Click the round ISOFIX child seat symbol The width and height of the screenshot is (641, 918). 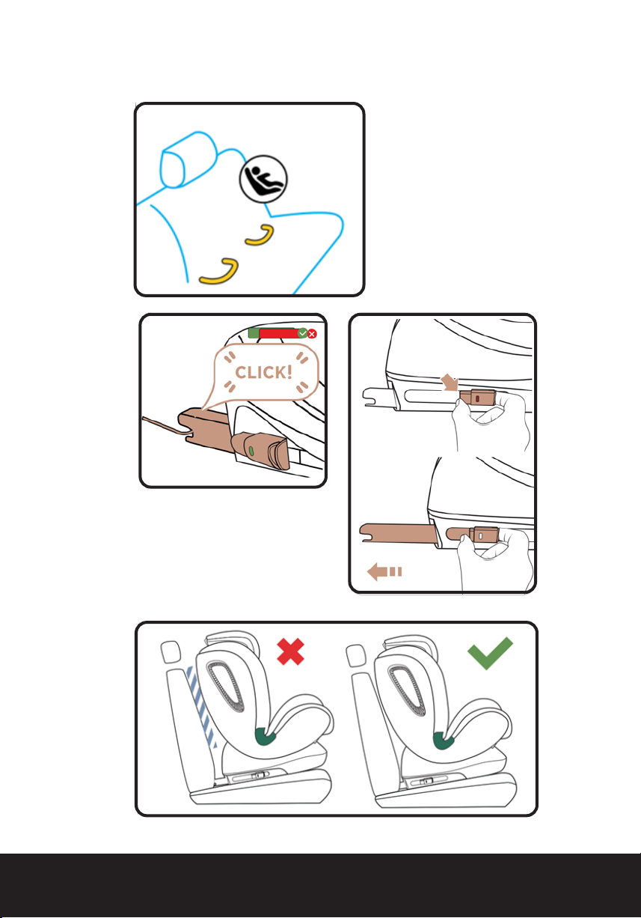click(263, 179)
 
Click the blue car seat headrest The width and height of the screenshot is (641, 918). click(188, 159)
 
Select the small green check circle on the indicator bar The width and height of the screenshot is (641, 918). click(302, 333)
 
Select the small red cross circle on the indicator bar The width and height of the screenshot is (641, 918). click(312, 334)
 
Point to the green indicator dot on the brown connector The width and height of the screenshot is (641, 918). click(251, 451)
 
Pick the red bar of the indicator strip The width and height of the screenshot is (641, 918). click(279, 333)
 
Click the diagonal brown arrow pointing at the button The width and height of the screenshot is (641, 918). click(450, 383)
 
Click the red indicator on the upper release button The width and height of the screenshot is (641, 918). click(478, 398)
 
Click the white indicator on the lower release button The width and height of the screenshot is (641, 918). click(481, 535)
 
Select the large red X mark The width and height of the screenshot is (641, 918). click(290, 651)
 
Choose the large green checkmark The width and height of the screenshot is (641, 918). click(490, 653)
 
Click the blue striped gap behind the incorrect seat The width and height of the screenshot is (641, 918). click(201, 705)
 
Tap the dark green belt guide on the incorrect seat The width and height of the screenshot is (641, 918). click(266, 737)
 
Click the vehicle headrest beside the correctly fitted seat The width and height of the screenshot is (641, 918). click(356, 656)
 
